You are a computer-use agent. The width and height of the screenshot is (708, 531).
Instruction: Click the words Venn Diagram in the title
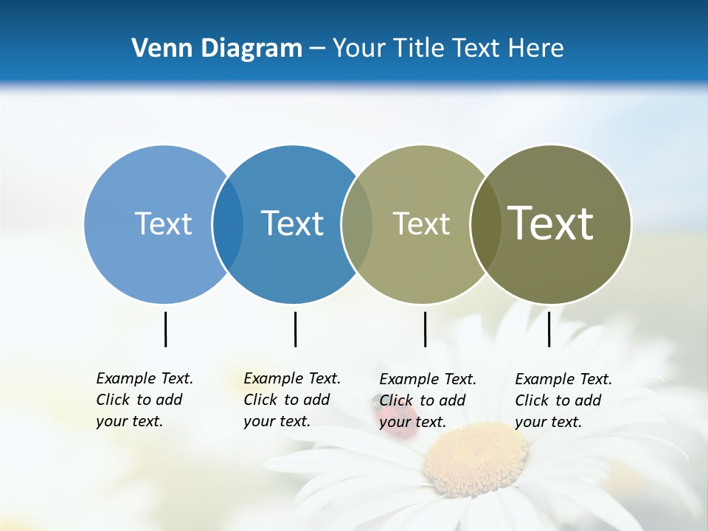coord(217,49)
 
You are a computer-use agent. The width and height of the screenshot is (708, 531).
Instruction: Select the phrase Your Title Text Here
coord(448,49)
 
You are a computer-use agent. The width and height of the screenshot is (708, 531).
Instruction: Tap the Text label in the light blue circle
coord(163,223)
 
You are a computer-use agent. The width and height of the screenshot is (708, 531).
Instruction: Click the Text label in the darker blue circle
coord(292,223)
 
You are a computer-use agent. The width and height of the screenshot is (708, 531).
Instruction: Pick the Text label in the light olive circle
coord(421,223)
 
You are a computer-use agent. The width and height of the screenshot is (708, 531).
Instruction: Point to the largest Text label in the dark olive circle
coord(550,223)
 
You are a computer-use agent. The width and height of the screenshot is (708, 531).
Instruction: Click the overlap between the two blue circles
coord(228,224)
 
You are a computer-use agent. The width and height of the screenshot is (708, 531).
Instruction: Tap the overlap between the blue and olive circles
coord(357,224)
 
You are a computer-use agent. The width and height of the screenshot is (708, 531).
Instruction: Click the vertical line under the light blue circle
coord(165,329)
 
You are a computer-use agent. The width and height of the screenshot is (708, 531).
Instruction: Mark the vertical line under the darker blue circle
coord(295,329)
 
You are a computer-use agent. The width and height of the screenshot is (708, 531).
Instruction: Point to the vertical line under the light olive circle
coord(425,329)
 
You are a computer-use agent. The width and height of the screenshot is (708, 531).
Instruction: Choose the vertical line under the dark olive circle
coord(549,329)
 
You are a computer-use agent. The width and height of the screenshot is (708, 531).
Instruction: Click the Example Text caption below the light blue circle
coord(144,400)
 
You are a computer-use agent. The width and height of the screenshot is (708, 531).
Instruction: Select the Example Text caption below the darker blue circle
coord(291,400)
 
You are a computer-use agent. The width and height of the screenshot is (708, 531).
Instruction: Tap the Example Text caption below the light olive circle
coord(427,400)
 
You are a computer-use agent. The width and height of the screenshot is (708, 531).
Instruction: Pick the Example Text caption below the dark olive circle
coord(563,400)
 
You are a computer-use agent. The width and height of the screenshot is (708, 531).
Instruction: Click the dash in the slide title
coord(317,49)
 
